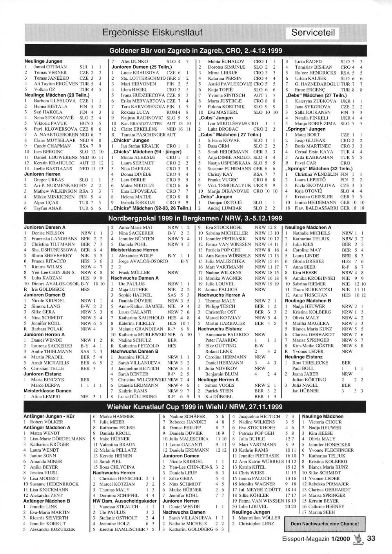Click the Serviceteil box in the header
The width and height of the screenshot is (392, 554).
313,33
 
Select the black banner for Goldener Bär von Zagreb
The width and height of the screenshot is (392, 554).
196,51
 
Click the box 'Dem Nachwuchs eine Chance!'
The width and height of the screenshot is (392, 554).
325,523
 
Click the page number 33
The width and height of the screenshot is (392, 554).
371,538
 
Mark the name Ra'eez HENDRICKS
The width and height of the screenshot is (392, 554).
316,73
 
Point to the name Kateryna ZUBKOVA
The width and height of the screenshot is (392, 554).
316,101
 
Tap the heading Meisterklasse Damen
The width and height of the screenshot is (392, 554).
47,391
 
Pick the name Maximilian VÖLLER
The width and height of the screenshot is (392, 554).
260,518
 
